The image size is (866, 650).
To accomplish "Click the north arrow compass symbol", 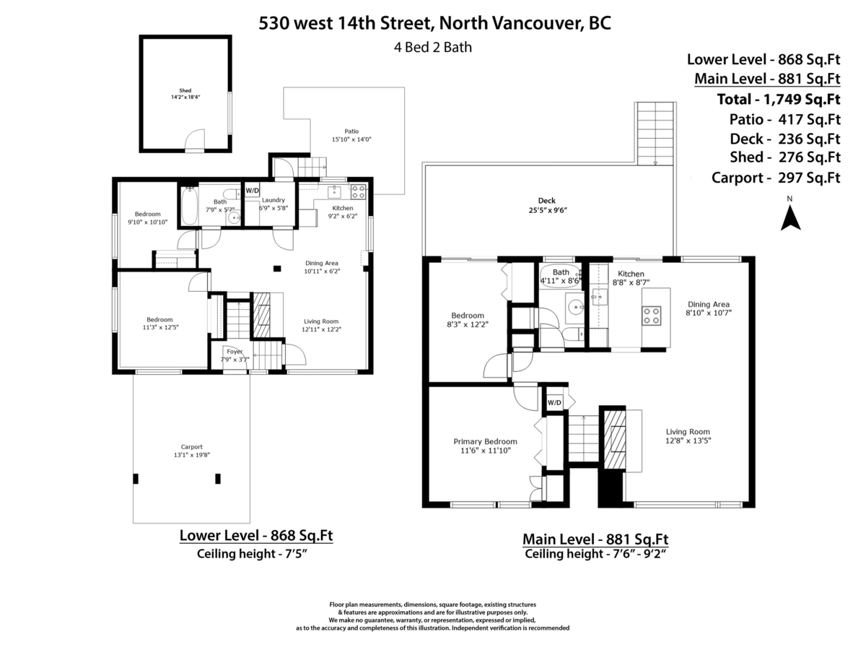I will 790,217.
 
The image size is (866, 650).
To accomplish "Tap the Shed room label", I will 185,93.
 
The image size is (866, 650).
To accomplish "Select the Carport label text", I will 191,451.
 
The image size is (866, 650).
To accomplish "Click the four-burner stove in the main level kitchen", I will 652,315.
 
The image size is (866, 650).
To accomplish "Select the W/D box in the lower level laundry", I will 252,191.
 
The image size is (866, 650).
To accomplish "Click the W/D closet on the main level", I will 554,402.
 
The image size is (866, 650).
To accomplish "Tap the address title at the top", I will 435,23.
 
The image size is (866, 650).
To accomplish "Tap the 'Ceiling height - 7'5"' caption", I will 255,554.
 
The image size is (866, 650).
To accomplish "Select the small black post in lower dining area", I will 277,269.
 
